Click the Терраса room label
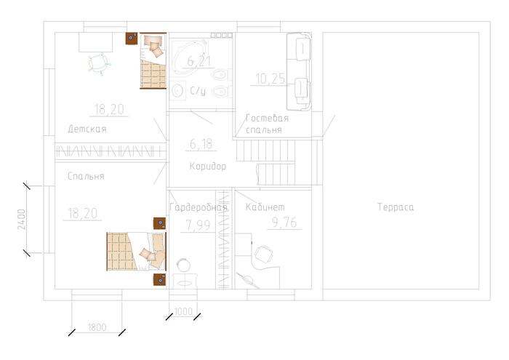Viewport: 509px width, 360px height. (396, 207)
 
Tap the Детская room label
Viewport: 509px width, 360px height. (87, 129)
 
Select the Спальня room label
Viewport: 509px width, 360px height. (86, 176)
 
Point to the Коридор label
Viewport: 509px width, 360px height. (208, 167)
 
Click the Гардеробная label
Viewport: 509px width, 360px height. (199, 207)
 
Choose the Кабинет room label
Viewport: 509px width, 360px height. (265, 207)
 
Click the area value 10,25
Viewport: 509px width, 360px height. (270, 79)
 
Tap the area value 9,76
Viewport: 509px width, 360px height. (284, 223)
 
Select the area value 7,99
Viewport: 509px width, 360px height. (198, 225)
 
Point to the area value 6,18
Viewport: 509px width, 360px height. (201, 144)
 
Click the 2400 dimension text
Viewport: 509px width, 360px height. (21, 220)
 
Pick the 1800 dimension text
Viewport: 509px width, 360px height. (97, 327)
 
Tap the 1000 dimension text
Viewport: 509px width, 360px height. (183, 311)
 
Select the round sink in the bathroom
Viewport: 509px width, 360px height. (177, 90)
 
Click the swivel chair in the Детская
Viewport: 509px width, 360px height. (99, 63)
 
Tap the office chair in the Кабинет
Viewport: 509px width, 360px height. (263, 254)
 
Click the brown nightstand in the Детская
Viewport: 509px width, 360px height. (132, 39)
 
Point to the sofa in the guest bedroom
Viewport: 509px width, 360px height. (299, 71)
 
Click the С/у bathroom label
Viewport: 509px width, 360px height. (198, 91)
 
